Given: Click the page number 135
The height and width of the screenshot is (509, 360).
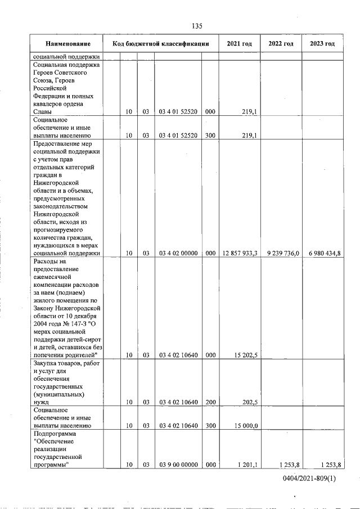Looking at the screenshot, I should [x=197, y=26].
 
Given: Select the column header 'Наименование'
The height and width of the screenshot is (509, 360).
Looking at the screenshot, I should [x=67, y=44].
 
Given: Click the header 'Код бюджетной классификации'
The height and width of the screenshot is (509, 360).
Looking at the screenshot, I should [x=161, y=44].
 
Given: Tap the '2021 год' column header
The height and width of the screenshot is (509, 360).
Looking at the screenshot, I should [x=239, y=44].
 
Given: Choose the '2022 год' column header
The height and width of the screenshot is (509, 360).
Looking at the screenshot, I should [x=281, y=44].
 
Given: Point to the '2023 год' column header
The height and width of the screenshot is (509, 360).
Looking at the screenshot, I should [x=322, y=44].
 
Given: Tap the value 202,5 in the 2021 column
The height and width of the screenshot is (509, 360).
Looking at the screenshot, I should [x=249, y=403].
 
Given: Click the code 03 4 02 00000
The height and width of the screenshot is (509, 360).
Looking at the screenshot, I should [x=178, y=253].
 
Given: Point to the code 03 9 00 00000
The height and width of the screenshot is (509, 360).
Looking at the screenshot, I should [x=178, y=465].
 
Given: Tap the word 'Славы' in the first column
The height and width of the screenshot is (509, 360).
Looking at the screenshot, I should [x=43, y=112].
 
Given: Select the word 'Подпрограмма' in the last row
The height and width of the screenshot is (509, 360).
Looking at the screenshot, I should [x=54, y=434].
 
